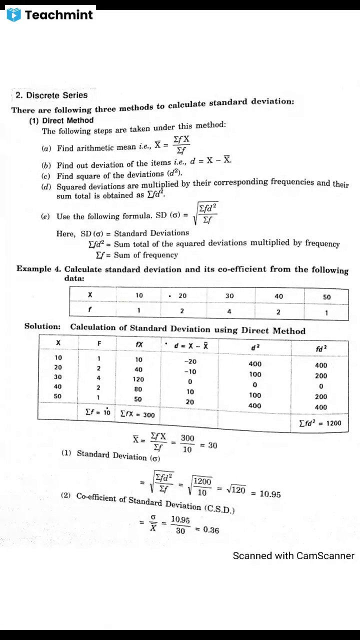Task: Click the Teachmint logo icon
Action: (13, 14)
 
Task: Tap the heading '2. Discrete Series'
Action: (51, 95)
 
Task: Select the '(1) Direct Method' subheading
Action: (61, 120)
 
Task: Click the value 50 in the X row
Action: (326, 297)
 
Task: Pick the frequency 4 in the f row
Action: (229, 311)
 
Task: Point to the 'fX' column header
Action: (139, 344)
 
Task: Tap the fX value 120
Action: (138, 379)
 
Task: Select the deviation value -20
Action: (190, 361)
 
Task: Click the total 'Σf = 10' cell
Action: (97, 412)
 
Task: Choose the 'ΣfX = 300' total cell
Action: (137, 415)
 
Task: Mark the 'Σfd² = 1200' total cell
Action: (320, 423)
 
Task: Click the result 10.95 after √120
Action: (270, 494)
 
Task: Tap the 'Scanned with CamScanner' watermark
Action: (293, 555)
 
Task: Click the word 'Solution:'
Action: (42, 326)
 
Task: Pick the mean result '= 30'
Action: (208, 445)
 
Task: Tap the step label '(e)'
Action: (45, 216)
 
